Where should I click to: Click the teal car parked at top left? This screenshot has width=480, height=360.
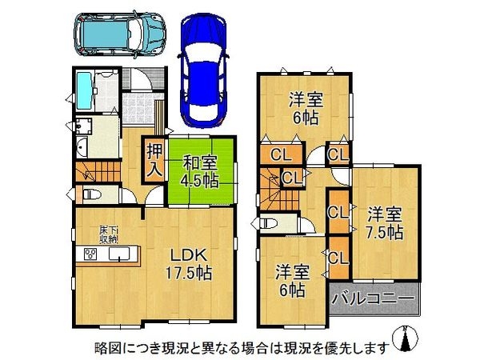tap(119, 34)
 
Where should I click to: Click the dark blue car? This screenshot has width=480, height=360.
tap(203, 71)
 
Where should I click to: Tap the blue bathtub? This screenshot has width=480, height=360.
tap(84, 90)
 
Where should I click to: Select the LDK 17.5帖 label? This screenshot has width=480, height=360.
tap(188, 264)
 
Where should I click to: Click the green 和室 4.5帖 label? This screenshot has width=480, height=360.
tap(199, 171)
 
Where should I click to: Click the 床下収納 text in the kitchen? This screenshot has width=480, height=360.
tap(108, 234)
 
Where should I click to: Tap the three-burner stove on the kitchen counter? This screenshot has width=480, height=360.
tap(90, 254)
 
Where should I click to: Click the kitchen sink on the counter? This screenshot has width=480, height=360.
tap(119, 254)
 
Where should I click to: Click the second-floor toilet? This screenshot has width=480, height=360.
tap(269, 223)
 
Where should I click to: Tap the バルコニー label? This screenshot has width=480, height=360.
tap(374, 298)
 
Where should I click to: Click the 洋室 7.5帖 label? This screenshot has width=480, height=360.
tap(385, 223)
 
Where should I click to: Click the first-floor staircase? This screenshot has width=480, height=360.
tap(98, 172)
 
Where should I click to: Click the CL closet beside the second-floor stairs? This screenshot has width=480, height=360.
tap(291, 178)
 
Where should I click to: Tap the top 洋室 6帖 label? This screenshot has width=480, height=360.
tap(306, 109)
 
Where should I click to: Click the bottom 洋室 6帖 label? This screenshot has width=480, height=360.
tap(292, 281)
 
